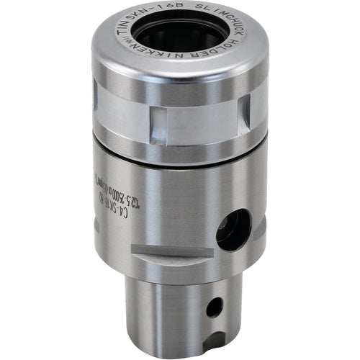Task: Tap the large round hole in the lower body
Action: pyautogui.click(x=233, y=230)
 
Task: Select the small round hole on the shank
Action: pyautogui.click(x=215, y=307)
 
